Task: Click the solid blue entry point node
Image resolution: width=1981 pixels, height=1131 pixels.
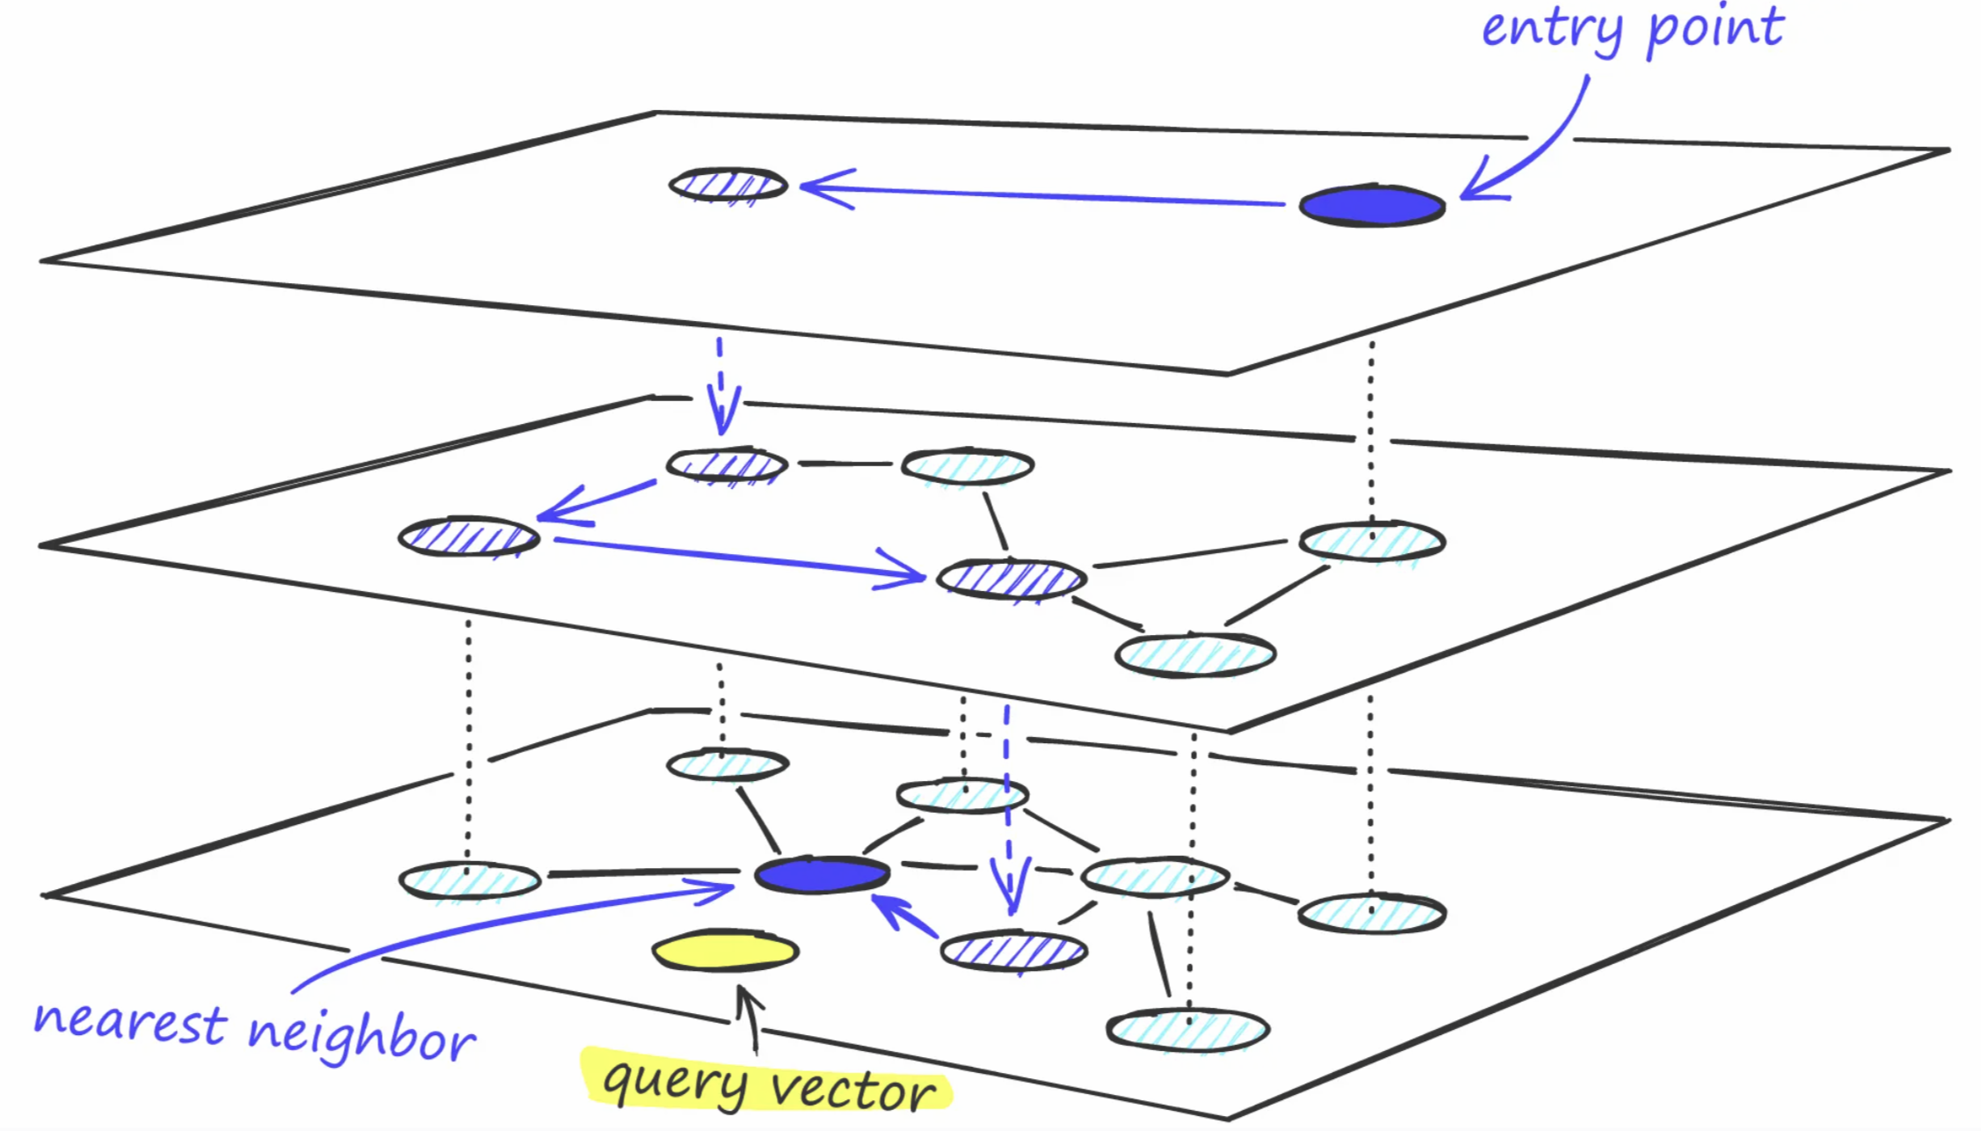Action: [x=1371, y=206]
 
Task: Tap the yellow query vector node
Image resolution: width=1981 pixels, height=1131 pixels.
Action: [x=725, y=951]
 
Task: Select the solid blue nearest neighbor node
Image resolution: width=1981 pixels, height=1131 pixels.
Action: [x=822, y=875]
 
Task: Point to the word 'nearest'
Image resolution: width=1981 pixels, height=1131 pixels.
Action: [x=130, y=1024]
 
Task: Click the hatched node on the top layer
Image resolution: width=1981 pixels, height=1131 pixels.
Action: [x=727, y=186]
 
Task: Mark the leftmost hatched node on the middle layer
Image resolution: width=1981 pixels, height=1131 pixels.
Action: [x=468, y=536]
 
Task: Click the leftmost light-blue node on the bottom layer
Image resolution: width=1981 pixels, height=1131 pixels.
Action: [x=470, y=880]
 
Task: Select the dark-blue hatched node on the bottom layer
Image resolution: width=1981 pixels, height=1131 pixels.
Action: [x=1013, y=951]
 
